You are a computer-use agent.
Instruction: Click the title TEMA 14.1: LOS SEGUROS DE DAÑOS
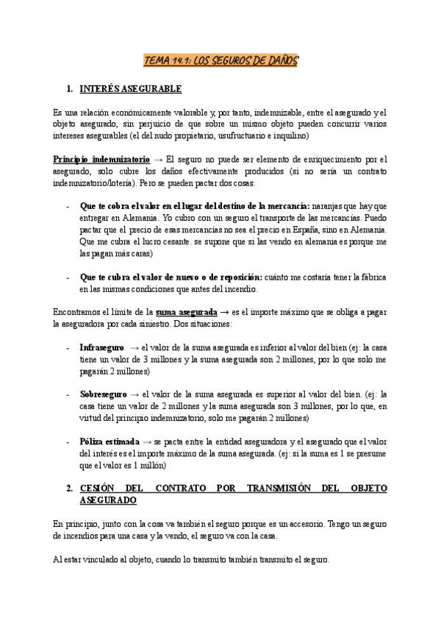coord(220,61)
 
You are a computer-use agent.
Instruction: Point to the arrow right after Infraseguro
coord(135,347)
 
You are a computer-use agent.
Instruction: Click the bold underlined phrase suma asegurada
coord(187,313)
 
